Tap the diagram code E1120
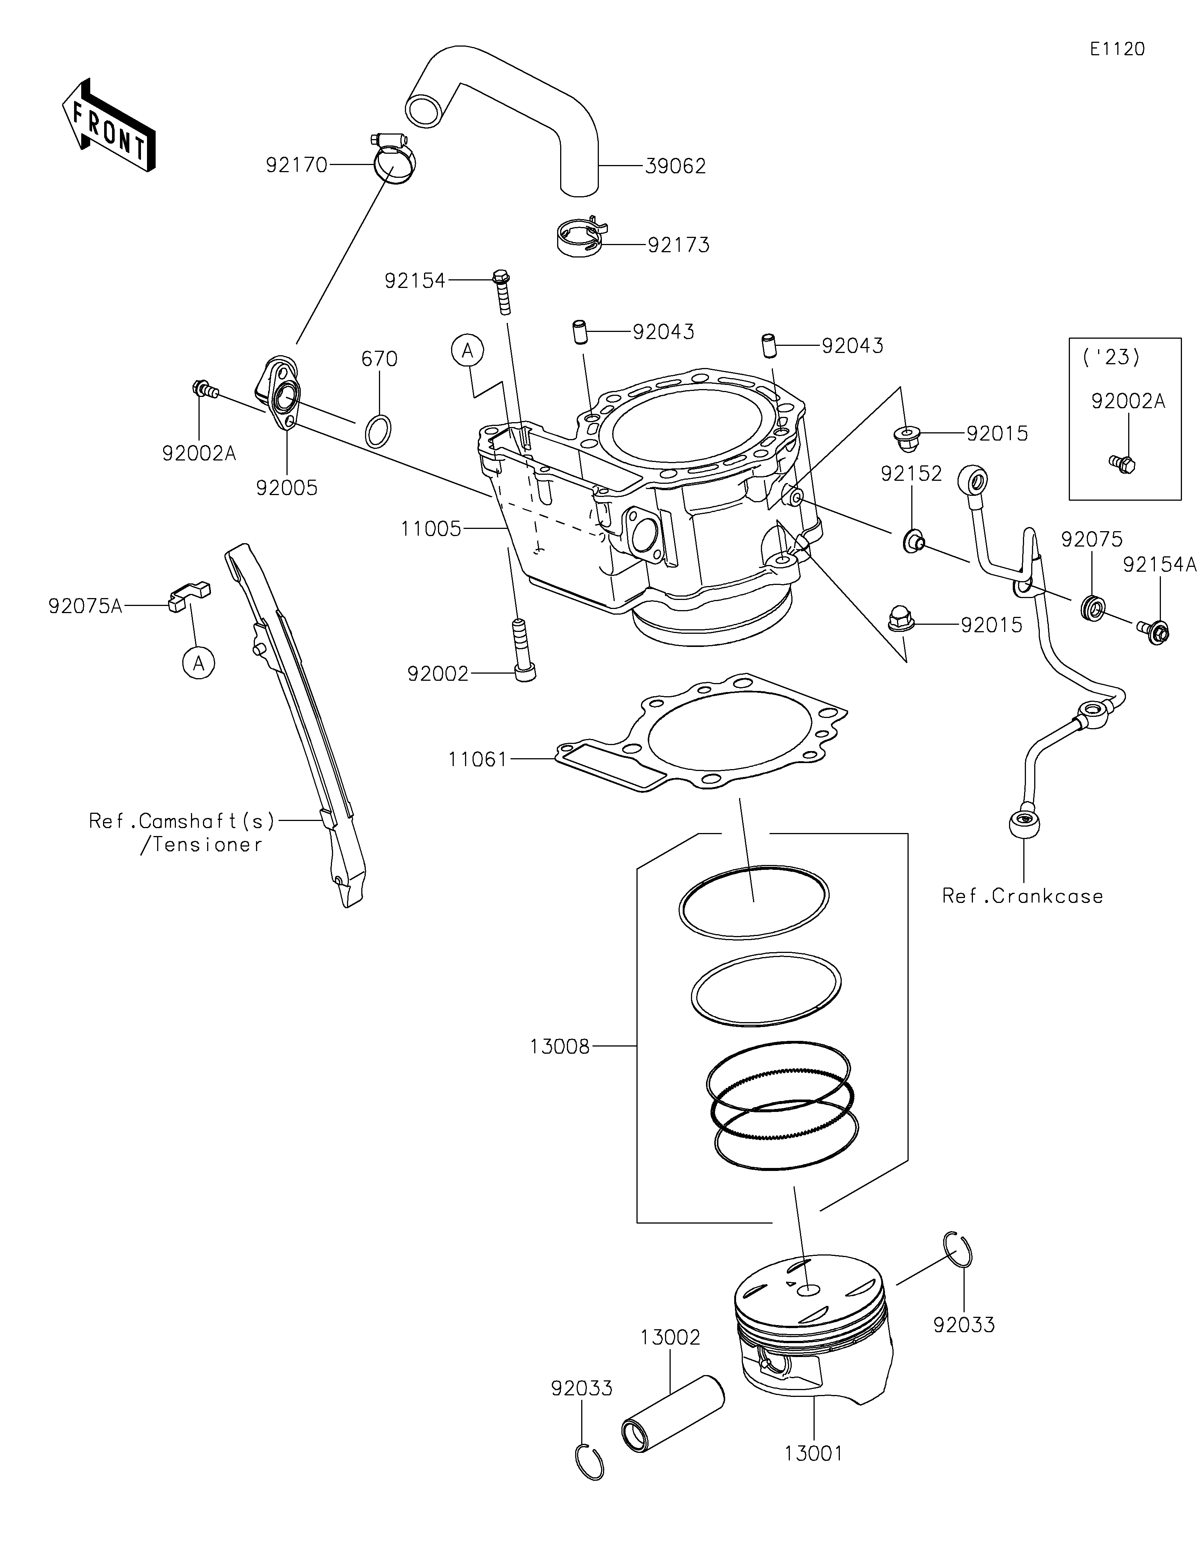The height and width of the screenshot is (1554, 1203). point(1117,49)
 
